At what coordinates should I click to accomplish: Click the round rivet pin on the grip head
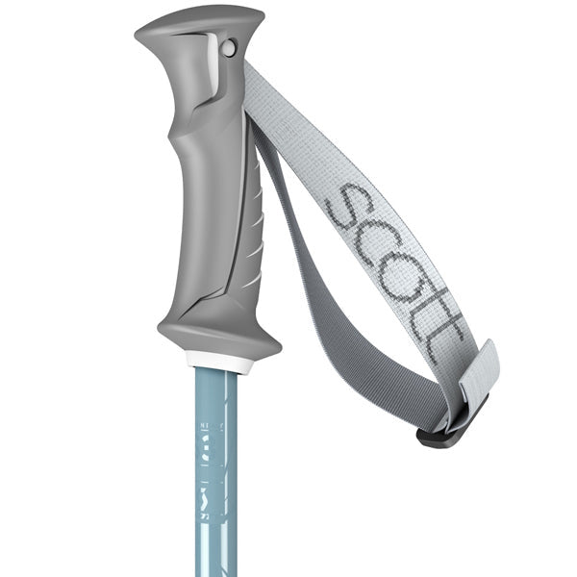[x=228, y=46]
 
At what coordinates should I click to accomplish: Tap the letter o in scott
[x=396, y=268]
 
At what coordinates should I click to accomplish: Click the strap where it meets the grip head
[x=252, y=82]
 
